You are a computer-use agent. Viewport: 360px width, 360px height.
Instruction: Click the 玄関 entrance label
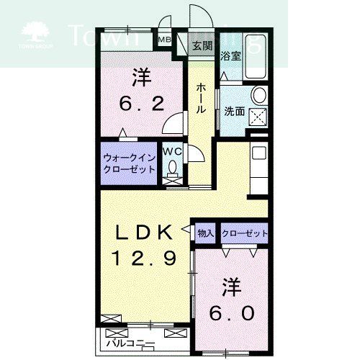tap(203, 46)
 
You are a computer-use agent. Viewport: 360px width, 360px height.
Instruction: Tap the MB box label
tap(163, 40)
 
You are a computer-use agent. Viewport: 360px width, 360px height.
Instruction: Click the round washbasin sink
tap(259, 96)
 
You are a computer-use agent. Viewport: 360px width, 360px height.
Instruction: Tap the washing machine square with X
tap(258, 117)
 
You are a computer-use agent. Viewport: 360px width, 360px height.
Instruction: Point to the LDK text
tap(144, 232)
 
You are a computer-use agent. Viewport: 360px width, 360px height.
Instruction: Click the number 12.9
tap(144, 256)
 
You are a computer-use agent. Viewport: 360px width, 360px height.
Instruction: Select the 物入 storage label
tap(205, 233)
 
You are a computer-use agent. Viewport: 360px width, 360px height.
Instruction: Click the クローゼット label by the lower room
tap(245, 233)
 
